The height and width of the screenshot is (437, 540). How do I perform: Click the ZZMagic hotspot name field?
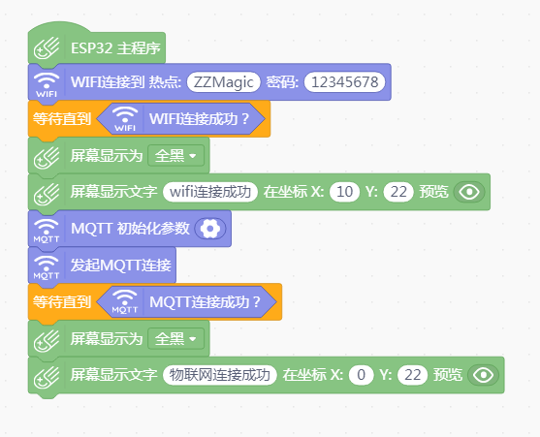click(x=224, y=82)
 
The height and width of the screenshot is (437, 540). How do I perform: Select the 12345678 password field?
click(x=344, y=82)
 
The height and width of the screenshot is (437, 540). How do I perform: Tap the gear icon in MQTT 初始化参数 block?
click(x=210, y=229)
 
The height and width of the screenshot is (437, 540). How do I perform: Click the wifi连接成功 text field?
click(x=210, y=192)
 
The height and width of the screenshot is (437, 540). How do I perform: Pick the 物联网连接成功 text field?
click(x=220, y=375)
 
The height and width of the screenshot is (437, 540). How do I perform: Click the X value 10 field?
click(x=344, y=192)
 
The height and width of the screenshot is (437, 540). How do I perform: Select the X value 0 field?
click(x=361, y=375)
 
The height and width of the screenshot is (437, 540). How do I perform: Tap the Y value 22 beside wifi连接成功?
click(x=398, y=192)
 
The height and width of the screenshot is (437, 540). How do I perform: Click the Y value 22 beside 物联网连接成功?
click(x=412, y=375)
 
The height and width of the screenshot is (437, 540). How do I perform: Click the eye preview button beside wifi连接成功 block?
click(x=469, y=192)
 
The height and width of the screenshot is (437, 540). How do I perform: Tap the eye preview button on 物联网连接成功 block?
click(x=483, y=375)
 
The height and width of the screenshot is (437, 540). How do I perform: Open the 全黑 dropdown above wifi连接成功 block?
click(x=176, y=156)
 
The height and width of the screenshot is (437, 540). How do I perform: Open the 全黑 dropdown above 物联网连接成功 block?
click(x=176, y=339)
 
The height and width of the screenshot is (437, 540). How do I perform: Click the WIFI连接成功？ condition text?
click(x=199, y=119)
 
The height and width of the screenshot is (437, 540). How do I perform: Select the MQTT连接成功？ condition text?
click(x=205, y=302)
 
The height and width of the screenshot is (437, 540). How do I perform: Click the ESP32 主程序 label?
click(x=115, y=48)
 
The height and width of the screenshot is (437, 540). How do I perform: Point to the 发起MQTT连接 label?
click(x=120, y=265)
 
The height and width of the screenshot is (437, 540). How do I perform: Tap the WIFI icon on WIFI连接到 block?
click(x=47, y=84)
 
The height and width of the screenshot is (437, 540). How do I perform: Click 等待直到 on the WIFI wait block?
click(x=62, y=119)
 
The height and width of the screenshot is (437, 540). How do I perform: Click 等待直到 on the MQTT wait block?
click(x=62, y=302)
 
